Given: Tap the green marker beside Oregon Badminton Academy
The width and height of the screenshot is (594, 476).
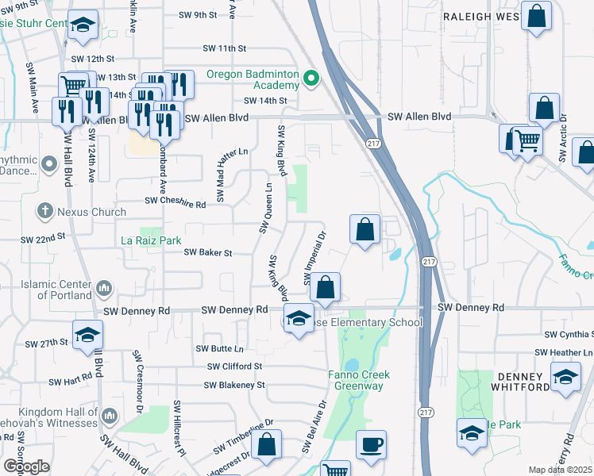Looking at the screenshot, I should tap(311, 79).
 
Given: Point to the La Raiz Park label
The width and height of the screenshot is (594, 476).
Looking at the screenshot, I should tap(151, 240).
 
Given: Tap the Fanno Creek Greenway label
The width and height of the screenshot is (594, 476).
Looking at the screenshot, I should tap(356, 380).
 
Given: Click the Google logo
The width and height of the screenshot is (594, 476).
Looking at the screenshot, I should tap(26, 466).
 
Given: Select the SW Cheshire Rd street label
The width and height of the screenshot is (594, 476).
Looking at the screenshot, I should tap(175, 204).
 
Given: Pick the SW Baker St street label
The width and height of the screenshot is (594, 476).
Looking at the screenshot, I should tap(207, 253).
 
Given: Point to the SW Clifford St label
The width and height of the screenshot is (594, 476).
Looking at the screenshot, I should tap(234, 367).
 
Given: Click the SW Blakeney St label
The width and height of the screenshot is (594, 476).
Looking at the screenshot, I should tap(233, 385).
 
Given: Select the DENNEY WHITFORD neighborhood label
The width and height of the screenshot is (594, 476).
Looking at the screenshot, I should tap(524, 381).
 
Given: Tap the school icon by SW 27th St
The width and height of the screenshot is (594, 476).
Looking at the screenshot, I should tap(87, 333).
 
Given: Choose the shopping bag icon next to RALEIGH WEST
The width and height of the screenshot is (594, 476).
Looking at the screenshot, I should tap(536, 15).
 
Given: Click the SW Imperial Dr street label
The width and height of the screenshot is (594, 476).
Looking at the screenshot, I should tap(314, 259).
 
